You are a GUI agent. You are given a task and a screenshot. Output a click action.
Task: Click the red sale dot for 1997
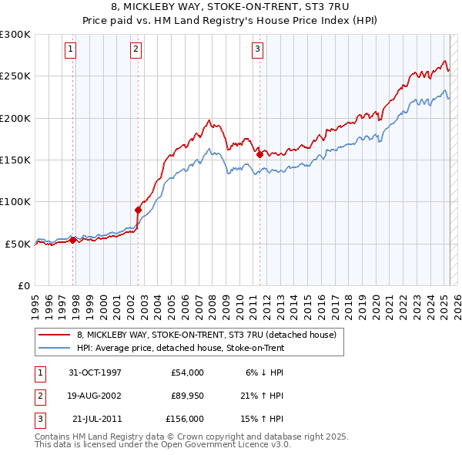point(73,240)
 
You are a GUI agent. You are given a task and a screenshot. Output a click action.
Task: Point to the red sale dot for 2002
point(139,209)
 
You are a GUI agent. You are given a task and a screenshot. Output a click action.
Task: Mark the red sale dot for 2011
point(259,154)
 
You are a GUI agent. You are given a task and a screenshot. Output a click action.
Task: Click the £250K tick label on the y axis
point(15,76)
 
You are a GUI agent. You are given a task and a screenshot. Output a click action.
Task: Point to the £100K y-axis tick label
point(15,201)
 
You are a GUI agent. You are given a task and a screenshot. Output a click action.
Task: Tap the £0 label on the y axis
point(23,285)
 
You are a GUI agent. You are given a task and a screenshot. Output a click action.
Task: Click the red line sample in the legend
point(55,335)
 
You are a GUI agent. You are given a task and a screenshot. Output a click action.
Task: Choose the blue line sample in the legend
point(55,349)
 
